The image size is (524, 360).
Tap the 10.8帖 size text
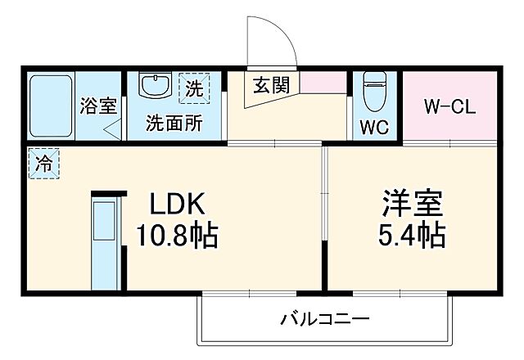[x=176, y=237]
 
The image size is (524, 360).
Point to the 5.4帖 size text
[x=412, y=237]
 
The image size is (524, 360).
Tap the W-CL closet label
[x=449, y=107]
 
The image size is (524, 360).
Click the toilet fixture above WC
[x=374, y=92]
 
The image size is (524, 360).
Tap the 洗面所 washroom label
[x=173, y=124]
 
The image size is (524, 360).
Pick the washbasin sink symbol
[x=155, y=86]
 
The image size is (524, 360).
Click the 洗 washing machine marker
[x=194, y=87]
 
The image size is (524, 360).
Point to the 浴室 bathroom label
[x=98, y=106]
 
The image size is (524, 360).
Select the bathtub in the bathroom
[x=51, y=106]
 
